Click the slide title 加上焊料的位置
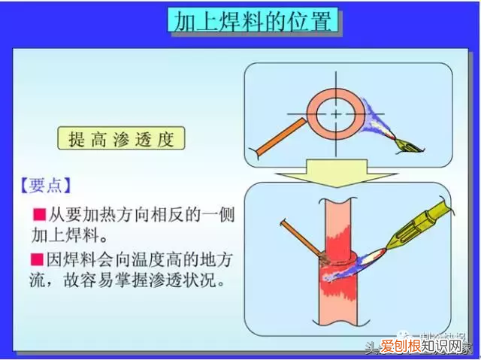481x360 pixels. click(251, 21)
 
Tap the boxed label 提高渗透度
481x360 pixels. click(120, 139)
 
